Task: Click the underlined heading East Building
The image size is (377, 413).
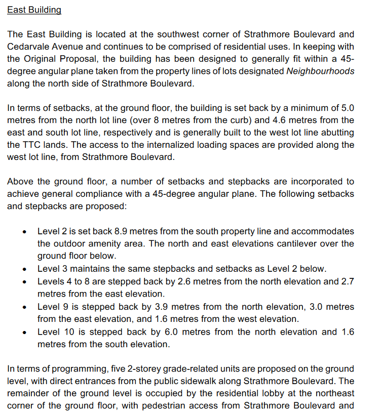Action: [x=34, y=10]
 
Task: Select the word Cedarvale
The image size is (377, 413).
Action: [x=28, y=47]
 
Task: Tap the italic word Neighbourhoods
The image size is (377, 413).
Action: [x=320, y=71]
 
